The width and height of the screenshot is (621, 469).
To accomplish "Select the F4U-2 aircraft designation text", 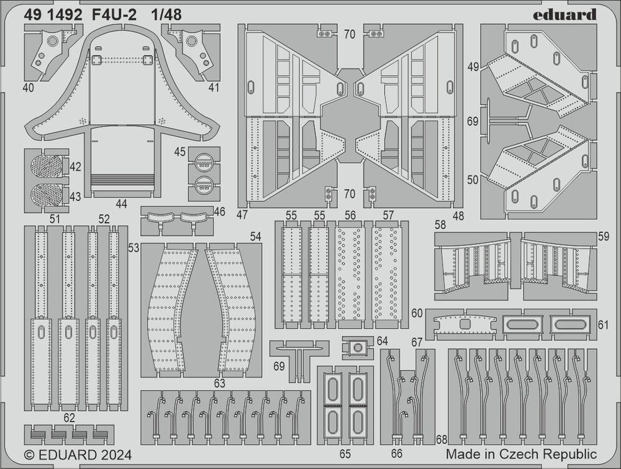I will point(114,15).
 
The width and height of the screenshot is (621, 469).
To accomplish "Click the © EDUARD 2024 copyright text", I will point(78,455).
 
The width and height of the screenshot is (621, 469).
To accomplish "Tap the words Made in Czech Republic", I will point(521,454).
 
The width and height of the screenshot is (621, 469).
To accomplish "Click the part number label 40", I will point(28,88).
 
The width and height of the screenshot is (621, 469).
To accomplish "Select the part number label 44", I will point(121,203).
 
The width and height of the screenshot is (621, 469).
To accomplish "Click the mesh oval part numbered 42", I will point(47,166).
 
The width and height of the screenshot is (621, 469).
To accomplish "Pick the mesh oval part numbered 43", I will point(47,194).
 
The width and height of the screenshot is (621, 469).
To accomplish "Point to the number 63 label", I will point(219,383).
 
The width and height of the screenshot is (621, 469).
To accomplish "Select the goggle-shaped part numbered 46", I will point(178,219).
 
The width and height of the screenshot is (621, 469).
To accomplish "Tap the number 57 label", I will point(389,215).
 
